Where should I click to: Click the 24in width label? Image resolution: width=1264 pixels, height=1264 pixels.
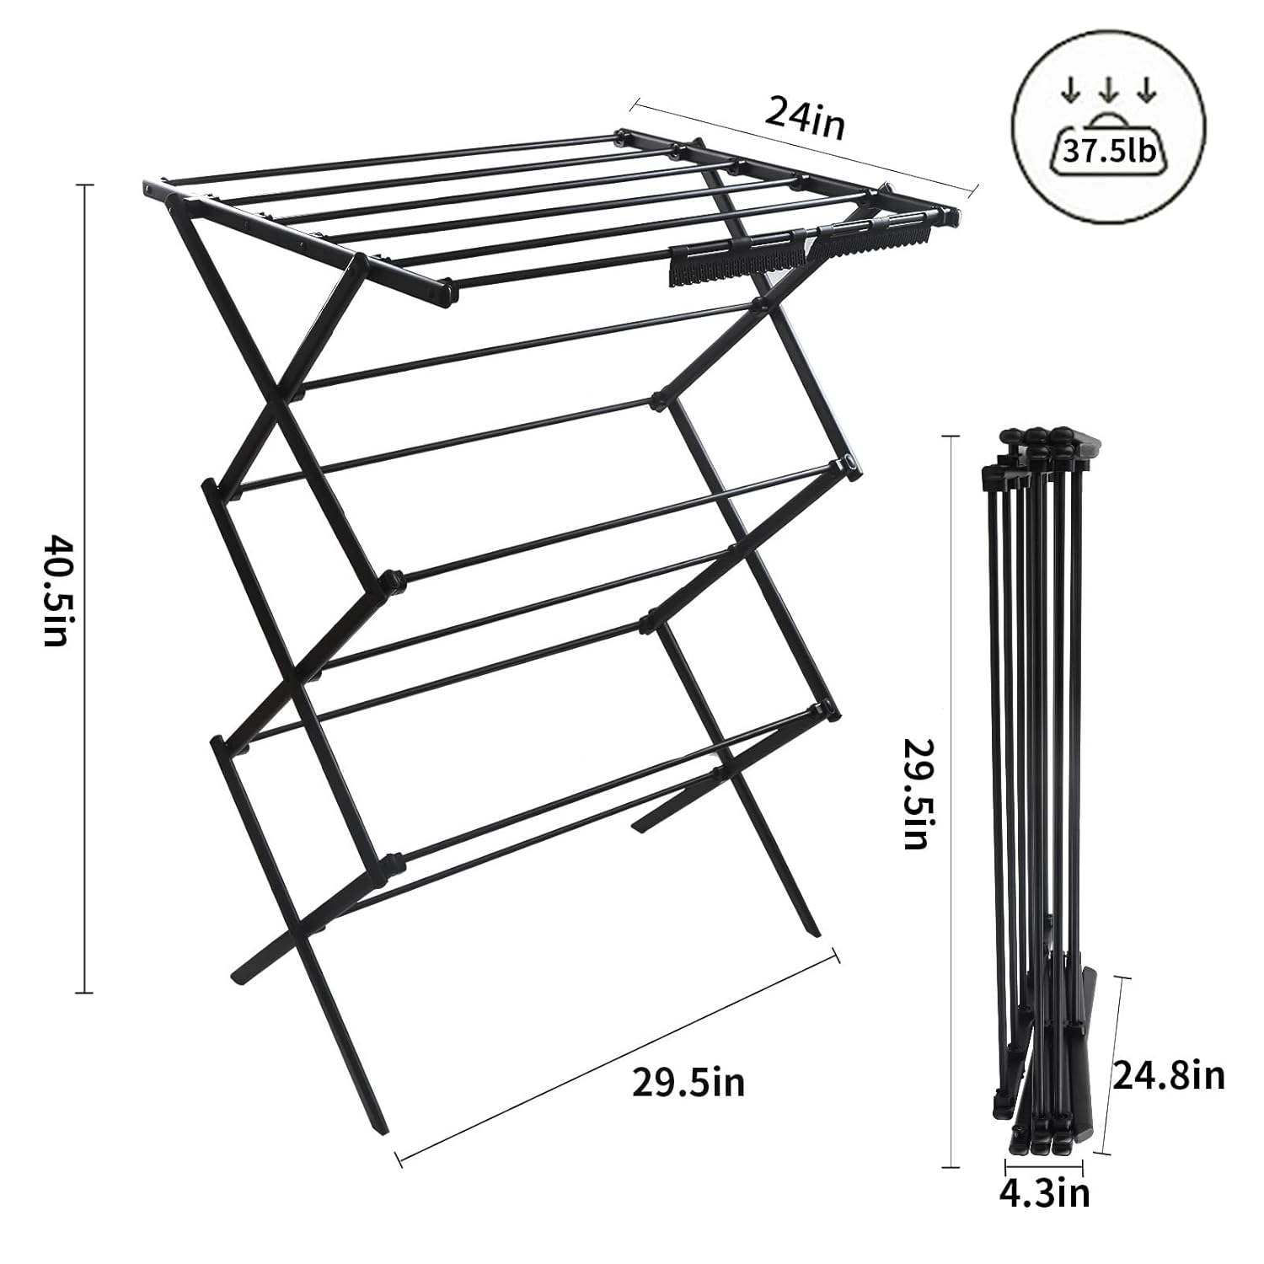click(x=804, y=119)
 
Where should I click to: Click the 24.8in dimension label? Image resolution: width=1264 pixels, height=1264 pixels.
click(x=1169, y=1075)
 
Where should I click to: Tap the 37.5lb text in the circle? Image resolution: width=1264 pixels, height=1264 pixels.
click(x=1110, y=152)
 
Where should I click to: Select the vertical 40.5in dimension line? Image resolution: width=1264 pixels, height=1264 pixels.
click(x=84, y=589)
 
